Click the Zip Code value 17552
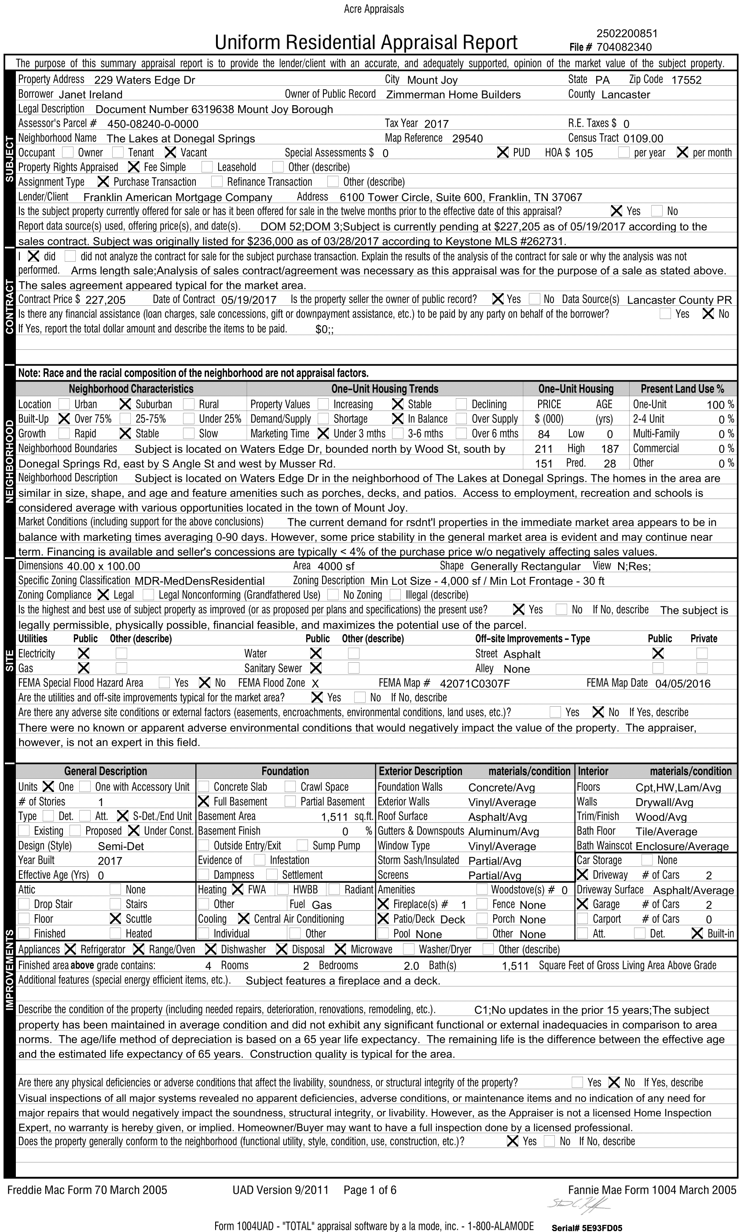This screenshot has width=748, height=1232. point(686,80)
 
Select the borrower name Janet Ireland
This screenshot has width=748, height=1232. point(91,95)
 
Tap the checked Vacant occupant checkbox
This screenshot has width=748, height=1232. point(171,153)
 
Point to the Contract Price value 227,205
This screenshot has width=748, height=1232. point(106,300)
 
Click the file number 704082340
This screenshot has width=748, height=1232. point(624,47)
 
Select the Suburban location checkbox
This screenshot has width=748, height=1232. point(125,404)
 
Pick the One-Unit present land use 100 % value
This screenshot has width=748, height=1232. point(719,404)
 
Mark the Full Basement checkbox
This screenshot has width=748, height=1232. point(203,802)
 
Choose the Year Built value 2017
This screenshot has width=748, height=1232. point(110,861)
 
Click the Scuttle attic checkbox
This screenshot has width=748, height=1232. point(115,919)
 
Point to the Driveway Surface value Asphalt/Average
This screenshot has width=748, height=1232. point(693,890)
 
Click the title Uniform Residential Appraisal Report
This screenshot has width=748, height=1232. point(366,43)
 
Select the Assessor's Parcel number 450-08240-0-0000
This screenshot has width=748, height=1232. point(153,124)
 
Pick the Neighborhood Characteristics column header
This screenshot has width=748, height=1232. point(131,389)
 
